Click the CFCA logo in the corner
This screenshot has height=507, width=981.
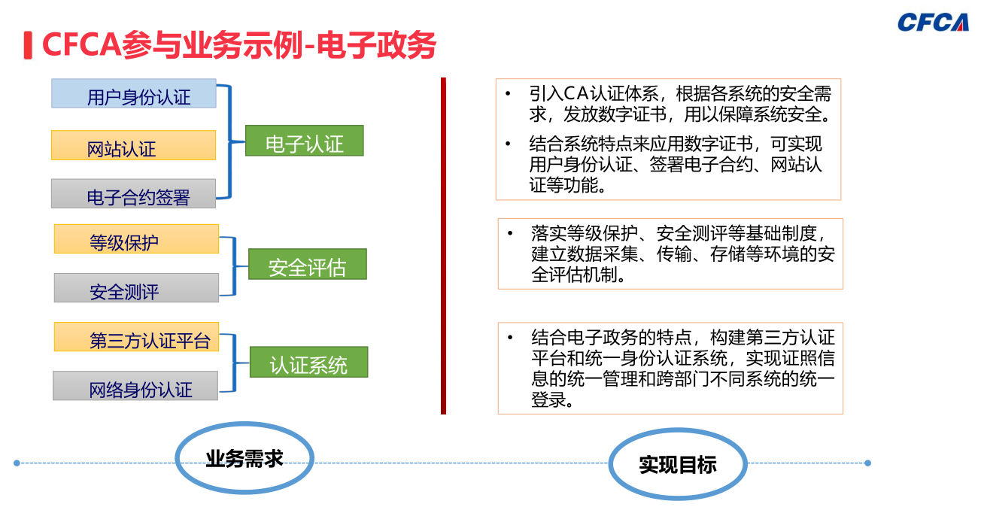click(933, 22)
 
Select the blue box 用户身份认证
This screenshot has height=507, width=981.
click(134, 93)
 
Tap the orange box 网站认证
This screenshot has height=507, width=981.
click(134, 145)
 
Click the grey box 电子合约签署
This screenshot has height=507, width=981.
click(134, 193)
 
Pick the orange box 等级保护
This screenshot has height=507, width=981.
click(136, 238)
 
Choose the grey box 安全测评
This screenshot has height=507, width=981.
click(136, 287)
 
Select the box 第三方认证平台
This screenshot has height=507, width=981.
click(136, 337)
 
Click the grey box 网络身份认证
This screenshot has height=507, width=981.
click(135, 386)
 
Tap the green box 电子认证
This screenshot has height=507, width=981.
click(305, 141)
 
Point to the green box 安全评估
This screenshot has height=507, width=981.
click(308, 264)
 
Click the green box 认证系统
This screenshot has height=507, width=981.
click(308, 362)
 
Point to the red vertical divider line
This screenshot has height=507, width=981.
click(443, 246)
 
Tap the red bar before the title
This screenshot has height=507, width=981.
click(28, 45)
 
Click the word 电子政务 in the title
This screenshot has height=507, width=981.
click(376, 45)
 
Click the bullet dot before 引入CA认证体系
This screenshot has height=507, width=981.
click(508, 93)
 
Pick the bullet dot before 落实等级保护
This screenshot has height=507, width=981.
click(510, 233)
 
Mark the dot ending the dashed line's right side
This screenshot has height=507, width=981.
click(867, 463)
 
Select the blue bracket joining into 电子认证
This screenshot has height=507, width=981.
click(230, 141)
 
